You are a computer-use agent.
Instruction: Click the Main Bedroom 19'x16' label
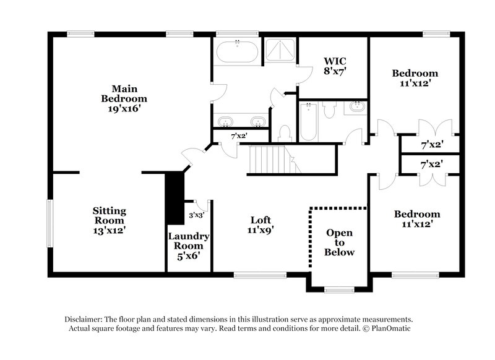[124, 98]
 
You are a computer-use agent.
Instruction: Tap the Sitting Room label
[109, 220]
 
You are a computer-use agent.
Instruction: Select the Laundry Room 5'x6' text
[189, 246]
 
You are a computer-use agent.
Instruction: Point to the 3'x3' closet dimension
[196, 216]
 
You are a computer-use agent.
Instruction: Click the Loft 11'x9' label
[261, 225]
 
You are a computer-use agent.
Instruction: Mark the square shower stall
[281, 50]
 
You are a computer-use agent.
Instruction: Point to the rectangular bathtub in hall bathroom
[308, 121]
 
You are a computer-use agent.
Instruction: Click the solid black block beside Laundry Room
[176, 192]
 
